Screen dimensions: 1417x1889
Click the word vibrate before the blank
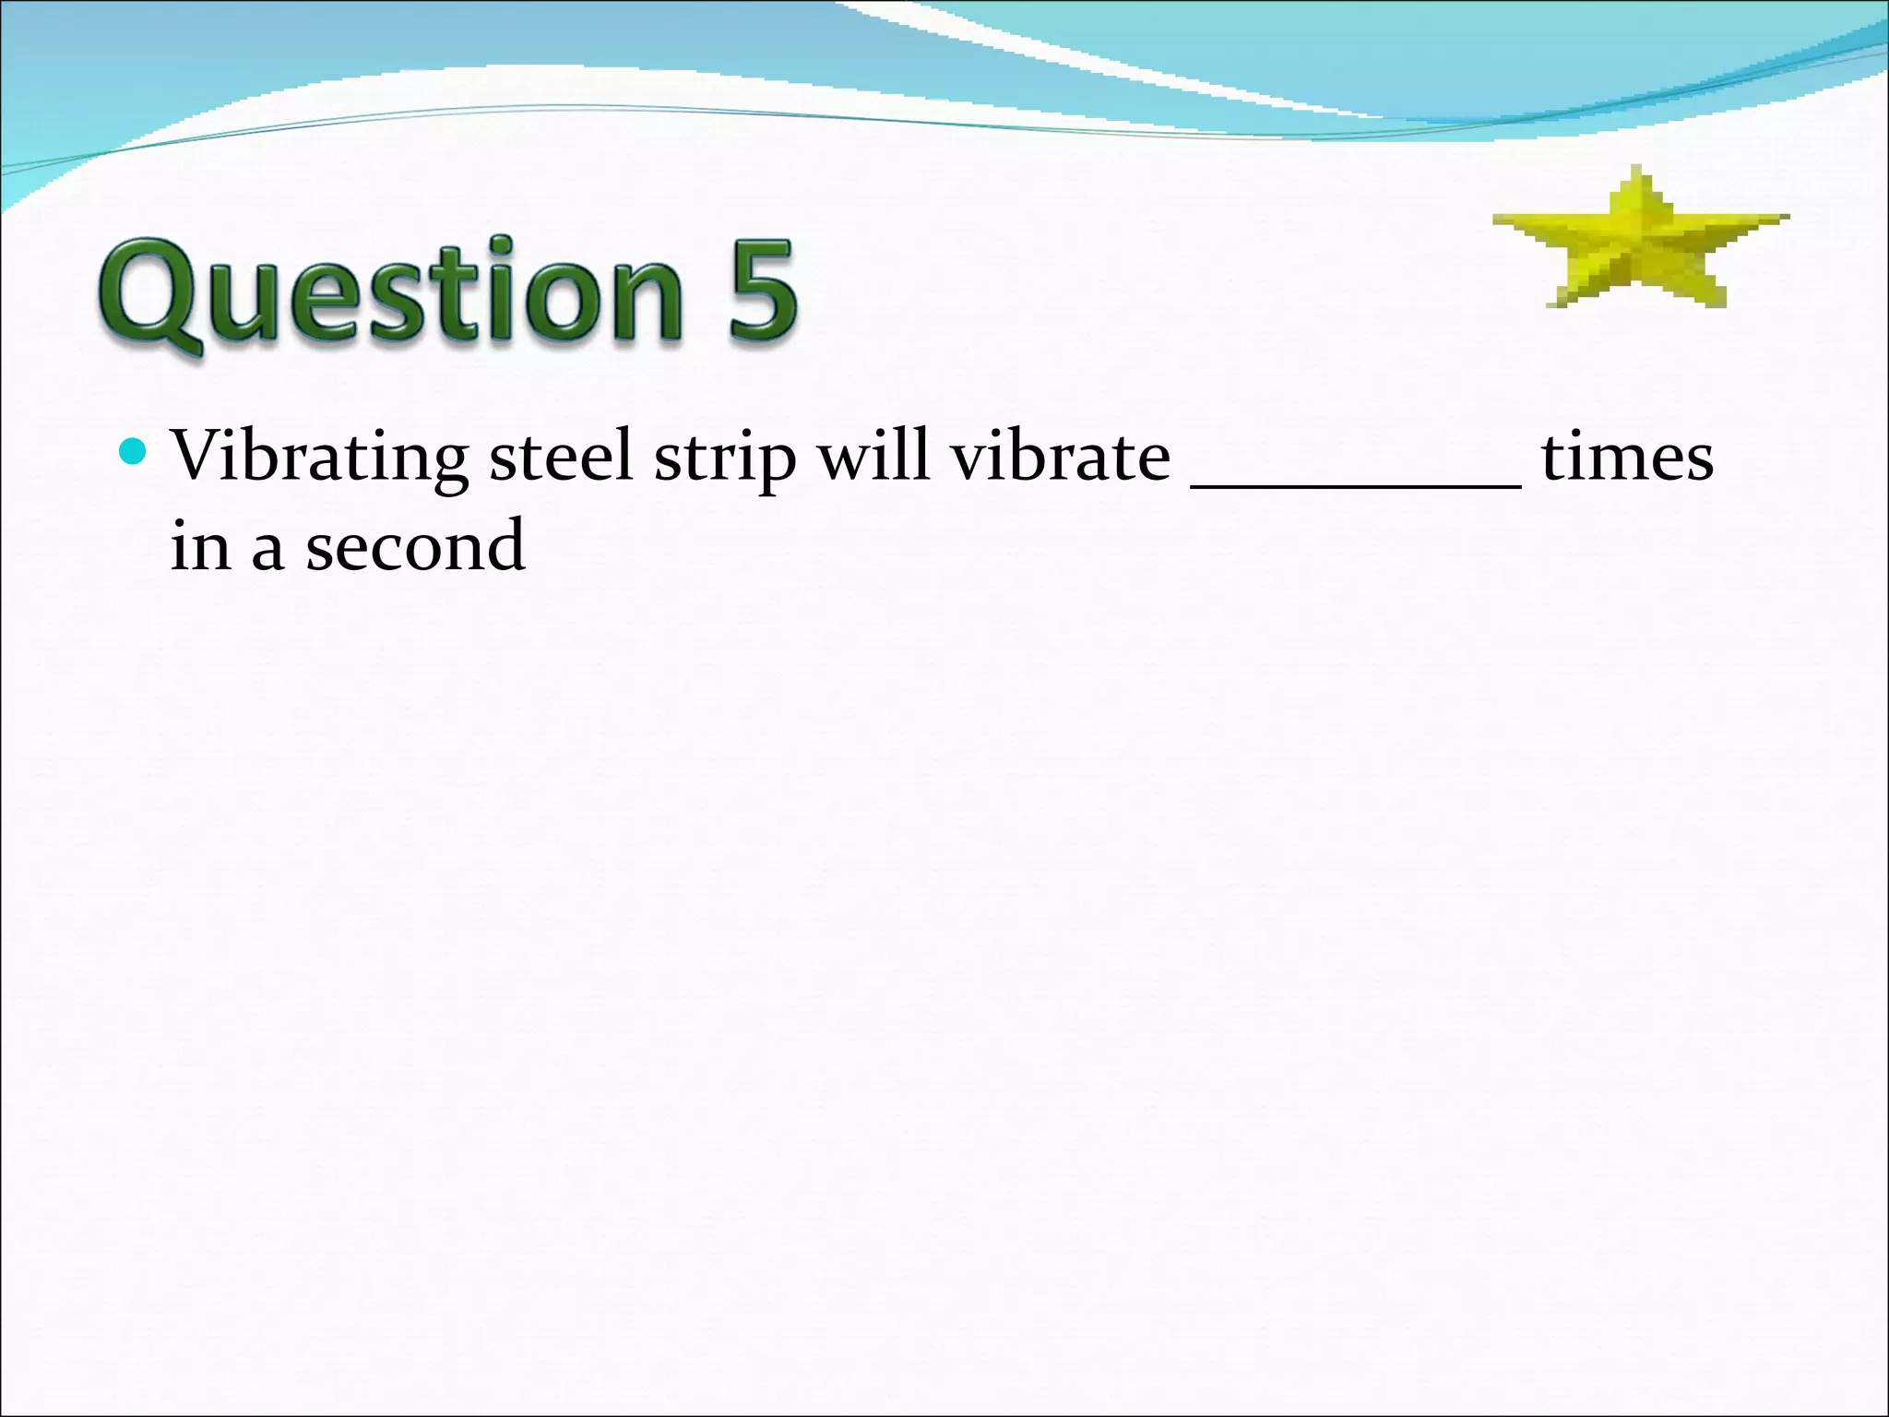point(1061,456)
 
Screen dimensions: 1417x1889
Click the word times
point(1627,457)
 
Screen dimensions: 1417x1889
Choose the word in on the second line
point(200,545)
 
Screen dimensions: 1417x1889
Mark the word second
point(415,545)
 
